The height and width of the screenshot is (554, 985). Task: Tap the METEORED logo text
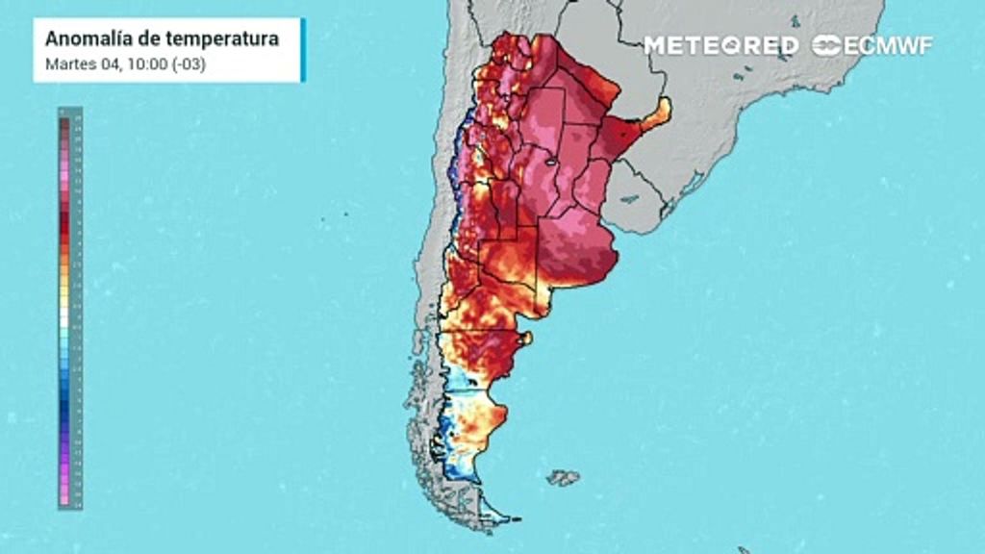click(x=720, y=45)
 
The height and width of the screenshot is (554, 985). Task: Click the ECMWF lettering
click(x=887, y=45)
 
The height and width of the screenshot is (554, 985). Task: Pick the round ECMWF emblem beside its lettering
click(x=827, y=45)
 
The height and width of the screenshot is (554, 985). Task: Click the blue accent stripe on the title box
click(x=302, y=50)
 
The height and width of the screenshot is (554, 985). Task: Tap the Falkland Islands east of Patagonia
click(x=563, y=477)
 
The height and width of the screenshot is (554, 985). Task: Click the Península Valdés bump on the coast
click(x=524, y=339)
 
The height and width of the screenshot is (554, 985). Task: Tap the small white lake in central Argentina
click(x=549, y=164)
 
